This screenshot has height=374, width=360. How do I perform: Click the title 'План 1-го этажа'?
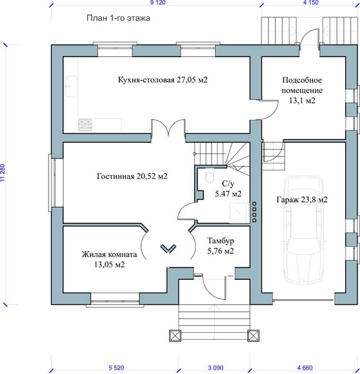coord(118,18)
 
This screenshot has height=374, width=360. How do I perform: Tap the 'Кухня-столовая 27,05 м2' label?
coord(163,80)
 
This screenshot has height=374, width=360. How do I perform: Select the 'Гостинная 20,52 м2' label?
coord(132,176)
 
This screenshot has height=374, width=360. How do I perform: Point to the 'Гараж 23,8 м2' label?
coord(302,199)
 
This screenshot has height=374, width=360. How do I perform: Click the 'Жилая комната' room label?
coord(109,254)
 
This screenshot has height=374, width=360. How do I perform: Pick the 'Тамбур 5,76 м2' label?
coord(220,246)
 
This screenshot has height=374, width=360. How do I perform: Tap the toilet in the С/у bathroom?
coord(210,176)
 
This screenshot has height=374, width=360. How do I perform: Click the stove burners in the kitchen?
coord(85,125)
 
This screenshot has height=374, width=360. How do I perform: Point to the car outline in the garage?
coord(304,229)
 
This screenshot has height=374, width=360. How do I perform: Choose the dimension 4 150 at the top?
coord(311,2)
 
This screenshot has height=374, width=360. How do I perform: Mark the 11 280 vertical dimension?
coord(2,173)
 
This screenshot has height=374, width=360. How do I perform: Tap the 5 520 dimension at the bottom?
coord(116,368)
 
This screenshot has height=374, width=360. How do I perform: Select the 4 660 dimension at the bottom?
coord(305,368)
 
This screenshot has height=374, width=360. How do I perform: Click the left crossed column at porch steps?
coord(175,335)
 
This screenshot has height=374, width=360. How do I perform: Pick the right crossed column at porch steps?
coord(253,335)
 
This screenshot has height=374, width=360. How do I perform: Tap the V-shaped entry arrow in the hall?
coord(168,249)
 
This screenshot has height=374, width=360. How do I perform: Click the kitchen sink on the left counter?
coord(71,86)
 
